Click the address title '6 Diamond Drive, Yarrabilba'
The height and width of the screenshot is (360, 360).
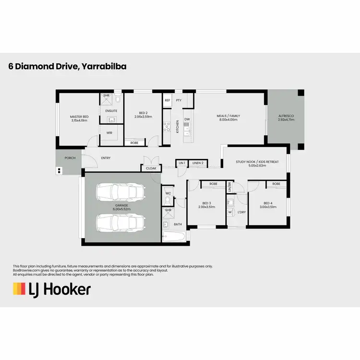tap(67, 67)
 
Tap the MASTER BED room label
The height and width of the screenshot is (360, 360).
tap(79, 117)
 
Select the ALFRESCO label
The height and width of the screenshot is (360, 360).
tap(286, 117)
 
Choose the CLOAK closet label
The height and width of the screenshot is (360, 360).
tap(151, 168)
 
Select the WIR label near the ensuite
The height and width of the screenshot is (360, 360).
tap(109, 133)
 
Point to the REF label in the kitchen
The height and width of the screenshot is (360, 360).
tap(168, 100)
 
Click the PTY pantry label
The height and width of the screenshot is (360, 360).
tap(179, 100)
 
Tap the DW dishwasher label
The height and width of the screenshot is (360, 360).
tap(187, 120)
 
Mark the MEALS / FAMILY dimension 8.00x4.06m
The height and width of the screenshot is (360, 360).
tap(228, 120)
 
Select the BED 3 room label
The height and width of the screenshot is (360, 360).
tap(206, 203)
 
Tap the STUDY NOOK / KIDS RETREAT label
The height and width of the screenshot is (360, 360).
tap(257, 162)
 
